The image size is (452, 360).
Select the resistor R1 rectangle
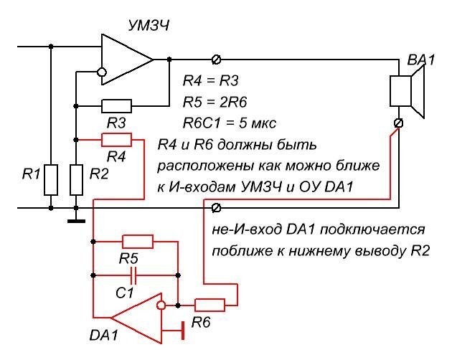(51, 179)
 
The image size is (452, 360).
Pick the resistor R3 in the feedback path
(116, 106)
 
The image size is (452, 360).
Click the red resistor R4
(116, 138)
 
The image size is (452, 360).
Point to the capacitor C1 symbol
(133, 274)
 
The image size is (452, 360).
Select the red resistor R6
(209, 305)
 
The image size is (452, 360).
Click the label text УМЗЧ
(149, 27)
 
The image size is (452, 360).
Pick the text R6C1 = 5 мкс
(228, 118)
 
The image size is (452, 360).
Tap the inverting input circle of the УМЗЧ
(101, 72)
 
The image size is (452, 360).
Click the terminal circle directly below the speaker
(399, 123)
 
